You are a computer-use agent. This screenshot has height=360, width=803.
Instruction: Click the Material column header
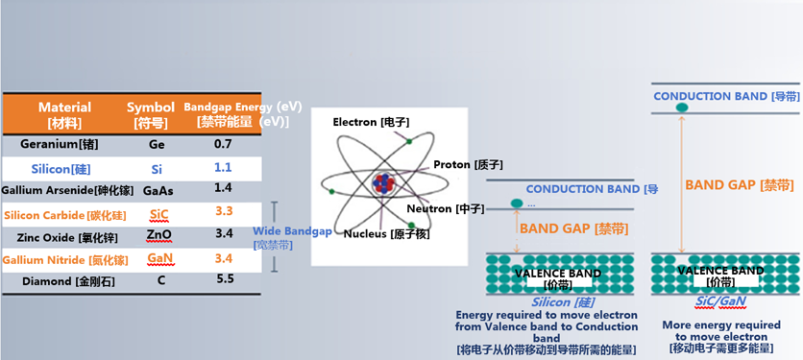pos(64,114)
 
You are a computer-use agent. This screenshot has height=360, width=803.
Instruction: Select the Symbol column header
pos(151,114)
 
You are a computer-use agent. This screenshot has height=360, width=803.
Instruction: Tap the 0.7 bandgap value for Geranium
pos(223,144)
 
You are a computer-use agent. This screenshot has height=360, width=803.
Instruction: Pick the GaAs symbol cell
pos(158,189)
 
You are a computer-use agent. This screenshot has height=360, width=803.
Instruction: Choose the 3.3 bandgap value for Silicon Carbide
pos(223,211)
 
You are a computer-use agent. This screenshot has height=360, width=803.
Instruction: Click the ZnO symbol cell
pos(158,234)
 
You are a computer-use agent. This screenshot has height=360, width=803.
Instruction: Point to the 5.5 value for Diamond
pos(224,279)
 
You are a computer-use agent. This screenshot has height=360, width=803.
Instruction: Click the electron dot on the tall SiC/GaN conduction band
pos(682,108)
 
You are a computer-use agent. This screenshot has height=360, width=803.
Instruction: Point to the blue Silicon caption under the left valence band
pos(545,302)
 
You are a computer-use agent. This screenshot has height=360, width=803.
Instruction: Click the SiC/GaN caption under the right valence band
pos(721,301)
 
